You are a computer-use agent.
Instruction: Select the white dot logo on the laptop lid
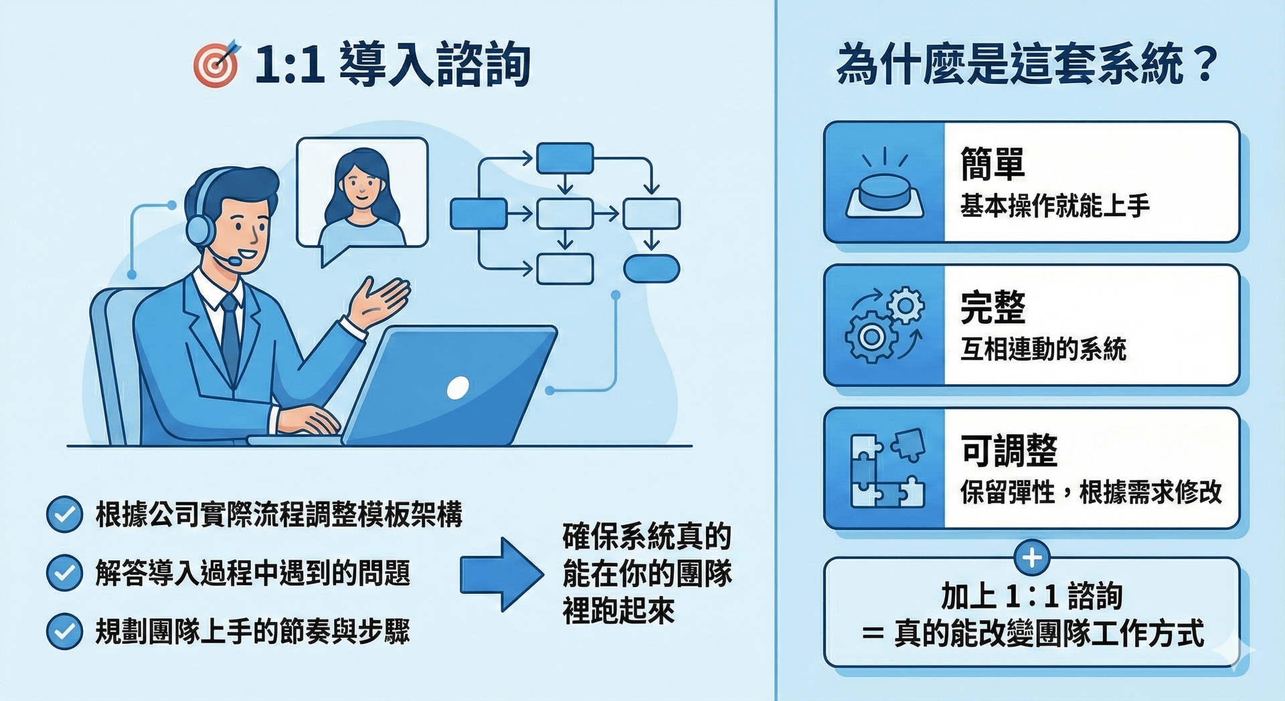[458, 388]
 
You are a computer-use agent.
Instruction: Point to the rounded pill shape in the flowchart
[651, 268]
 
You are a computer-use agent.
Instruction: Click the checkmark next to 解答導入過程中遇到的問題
[64, 573]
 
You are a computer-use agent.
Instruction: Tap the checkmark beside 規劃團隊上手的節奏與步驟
[64, 631]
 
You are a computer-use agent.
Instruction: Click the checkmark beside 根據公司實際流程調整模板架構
[64, 515]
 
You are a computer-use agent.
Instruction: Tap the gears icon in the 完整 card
[885, 325]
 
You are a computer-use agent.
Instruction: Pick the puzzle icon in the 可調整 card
[887, 468]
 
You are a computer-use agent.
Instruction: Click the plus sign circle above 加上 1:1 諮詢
[1032, 558]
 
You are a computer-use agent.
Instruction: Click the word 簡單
[993, 164]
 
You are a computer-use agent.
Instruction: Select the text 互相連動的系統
[1043, 349]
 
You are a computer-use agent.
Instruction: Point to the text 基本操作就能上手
[1055, 206]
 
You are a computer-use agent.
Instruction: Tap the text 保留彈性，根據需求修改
[1092, 492]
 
